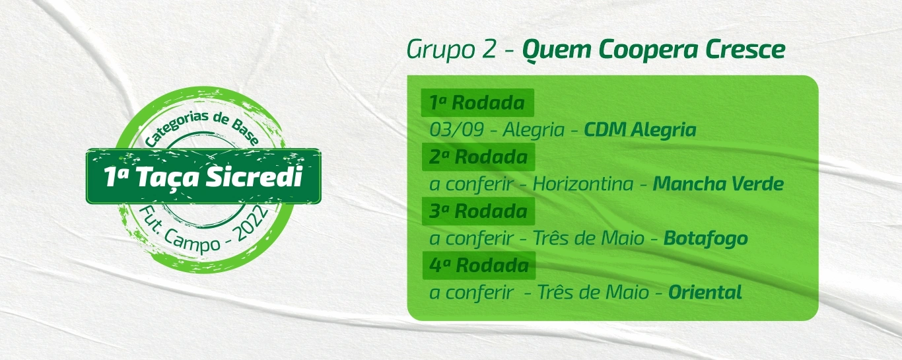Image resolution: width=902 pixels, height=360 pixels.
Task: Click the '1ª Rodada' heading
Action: pos(477,103)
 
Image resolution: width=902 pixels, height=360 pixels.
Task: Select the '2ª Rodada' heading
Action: pos(477,157)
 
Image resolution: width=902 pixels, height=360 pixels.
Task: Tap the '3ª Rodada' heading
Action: pos(477,211)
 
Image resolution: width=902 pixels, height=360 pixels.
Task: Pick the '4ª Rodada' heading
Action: pos(478,266)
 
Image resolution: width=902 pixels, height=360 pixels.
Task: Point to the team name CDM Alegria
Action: pos(640,129)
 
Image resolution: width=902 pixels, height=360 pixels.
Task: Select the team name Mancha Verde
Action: pos(718,184)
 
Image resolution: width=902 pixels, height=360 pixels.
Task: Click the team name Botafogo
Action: pos(705,238)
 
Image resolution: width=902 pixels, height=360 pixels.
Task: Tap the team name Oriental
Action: pos(705,292)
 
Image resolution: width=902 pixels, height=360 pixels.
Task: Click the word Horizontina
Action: pos(582,184)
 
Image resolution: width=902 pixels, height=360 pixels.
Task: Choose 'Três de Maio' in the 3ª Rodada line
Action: pos(590,238)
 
